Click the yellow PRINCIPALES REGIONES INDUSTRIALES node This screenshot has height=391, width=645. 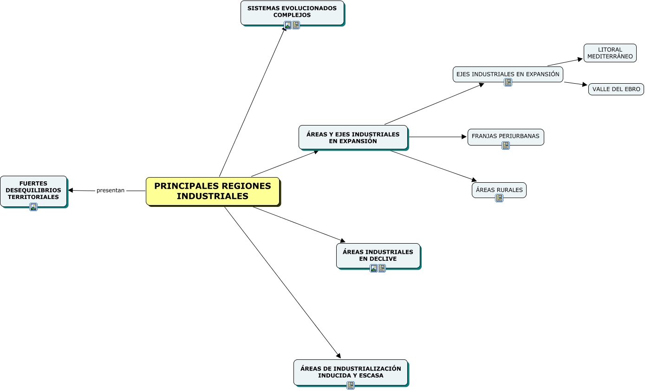(213, 191)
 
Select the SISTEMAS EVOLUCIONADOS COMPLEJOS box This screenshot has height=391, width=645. (292, 12)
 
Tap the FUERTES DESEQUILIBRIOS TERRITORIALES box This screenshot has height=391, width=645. (33, 190)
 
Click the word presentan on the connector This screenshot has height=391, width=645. (111, 191)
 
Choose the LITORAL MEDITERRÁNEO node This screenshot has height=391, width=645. (610, 53)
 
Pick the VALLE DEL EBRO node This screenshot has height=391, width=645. (616, 89)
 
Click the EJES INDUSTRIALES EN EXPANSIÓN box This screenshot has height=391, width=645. (508, 74)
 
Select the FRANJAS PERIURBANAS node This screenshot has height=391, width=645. (505, 136)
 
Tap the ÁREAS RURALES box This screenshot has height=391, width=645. (499, 190)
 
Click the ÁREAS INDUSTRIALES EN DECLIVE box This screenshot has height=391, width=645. (378, 255)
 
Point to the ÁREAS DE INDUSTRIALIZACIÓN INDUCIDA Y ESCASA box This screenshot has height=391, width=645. (351, 371)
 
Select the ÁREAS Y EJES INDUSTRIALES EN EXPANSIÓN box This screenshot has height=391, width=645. (353, 137)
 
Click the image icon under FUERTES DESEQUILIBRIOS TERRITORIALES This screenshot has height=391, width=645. (33, 207)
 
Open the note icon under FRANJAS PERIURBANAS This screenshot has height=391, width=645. (506, 146)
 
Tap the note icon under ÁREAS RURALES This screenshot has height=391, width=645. (499, 198)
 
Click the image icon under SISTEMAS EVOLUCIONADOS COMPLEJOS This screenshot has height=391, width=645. (288, 25)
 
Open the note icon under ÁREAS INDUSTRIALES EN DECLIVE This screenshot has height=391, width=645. (382, 268)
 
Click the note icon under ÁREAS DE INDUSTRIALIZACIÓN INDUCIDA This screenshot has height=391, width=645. (351, 385)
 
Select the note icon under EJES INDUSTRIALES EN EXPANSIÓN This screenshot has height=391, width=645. (508, 82)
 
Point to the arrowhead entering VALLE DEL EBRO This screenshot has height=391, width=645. (585, 85)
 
